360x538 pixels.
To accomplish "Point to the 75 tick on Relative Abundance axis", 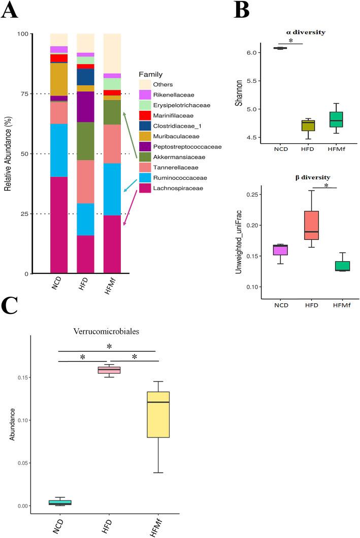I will click(x=39, y=93).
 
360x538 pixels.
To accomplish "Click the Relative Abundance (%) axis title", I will click(x=9, y=154).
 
